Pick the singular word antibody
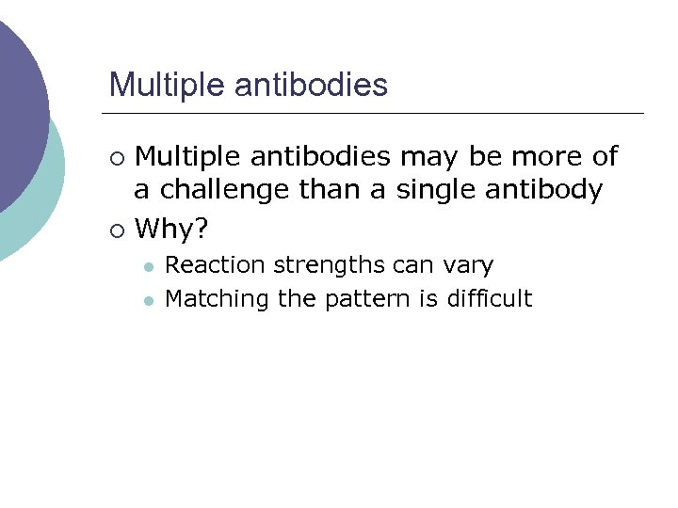point(545,191)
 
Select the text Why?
point(170,228)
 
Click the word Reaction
point(215,265)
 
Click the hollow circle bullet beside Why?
point(116,229)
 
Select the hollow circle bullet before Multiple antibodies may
point(116,156)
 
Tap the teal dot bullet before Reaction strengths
point(148,266)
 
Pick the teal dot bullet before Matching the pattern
point(148,300)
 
